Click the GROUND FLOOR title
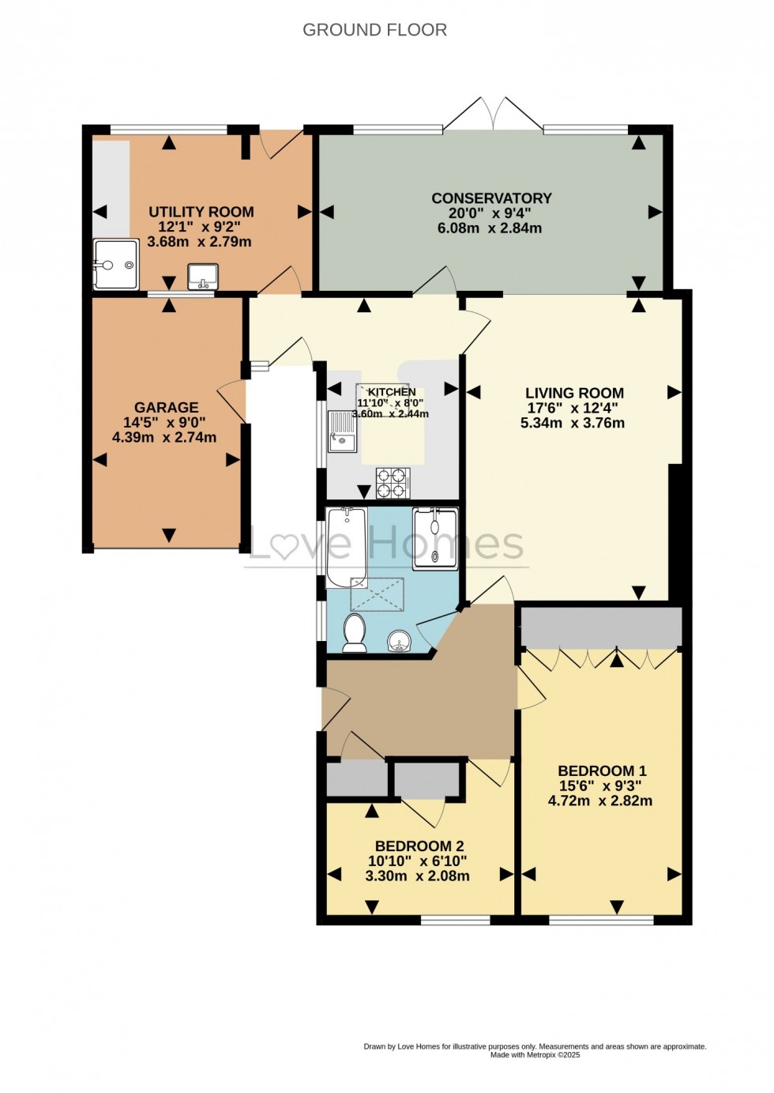pos(374,30)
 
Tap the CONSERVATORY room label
pos(490,198)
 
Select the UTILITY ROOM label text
pos(201,212)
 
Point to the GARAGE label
pos(166,408)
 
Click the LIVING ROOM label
pos(574,393)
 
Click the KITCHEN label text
pos(392,392)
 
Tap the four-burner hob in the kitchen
pos(393,482)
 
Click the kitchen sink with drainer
pos(343,432)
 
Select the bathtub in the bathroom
pos(346,548)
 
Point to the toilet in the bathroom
pos(354,634)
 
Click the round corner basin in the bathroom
pos(400,640)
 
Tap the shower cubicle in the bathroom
pos(434,537)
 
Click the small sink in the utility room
pos(203,277)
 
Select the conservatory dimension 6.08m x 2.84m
pos(490,228)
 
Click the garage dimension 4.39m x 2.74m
pos(164,437)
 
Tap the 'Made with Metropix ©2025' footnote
pos(535,1054)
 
